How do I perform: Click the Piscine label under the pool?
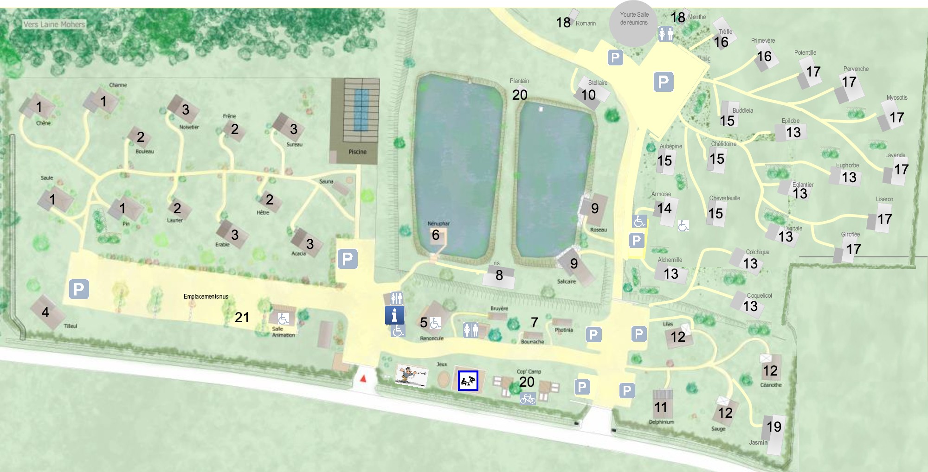pyautogui.click(x=357, y=152)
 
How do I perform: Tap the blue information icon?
pyautogui.click(x=394, y=315)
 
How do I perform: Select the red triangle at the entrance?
pyautogui.click(x=363, y=378)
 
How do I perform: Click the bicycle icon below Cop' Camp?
pyautogui.click(x=528, y=398)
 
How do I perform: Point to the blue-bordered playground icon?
pyautogui.click(x=468, y=381)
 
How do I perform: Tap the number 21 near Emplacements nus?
pyautogui.click(x=242, y=317)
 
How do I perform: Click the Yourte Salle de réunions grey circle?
pyautogui.click(x=634, y=23)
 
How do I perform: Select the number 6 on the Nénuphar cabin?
pyautogui.click(x=435, y=235)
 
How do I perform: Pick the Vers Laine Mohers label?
pyautogui.click(x=54, y=24)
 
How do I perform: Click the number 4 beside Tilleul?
pyautogui.click(x=45, y=312)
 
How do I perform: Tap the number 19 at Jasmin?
pyautogui.click(x=774, y=427)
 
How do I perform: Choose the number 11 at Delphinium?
pyautogui.click(x=661, y=407)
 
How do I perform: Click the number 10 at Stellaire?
pyautogui.click(x=588, y=95)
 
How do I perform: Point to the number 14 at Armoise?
pyautogui.click(x=664, y=208)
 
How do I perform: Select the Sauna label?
pyautogui.click(x=326, y=181)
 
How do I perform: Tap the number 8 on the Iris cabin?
pyautogui.click(x=499, y=275)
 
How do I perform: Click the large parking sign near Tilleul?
pyautogui.click(x=79, y=289)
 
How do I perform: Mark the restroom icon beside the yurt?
pyautogui.click(x=666, y=34)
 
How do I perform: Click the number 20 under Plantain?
pyautogui.click(x=520, y=95)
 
